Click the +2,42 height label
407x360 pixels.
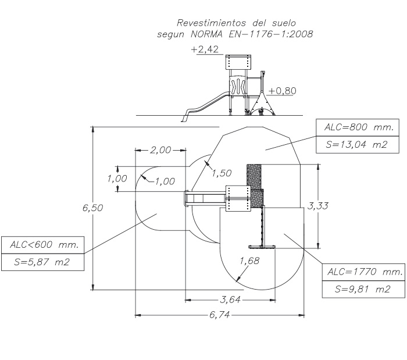click(205, 49)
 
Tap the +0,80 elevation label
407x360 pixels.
click(282, 91)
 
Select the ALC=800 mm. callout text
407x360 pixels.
click(359, 127)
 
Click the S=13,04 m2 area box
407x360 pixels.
click(358, 145)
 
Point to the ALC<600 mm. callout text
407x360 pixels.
click(44, 244)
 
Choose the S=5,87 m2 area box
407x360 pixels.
click(43, 262)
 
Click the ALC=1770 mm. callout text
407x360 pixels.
click(365, 272)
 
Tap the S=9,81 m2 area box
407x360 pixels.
click(363, 289)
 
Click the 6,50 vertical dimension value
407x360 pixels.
click(92, 208)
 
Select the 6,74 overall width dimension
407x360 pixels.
click(220, 315)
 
